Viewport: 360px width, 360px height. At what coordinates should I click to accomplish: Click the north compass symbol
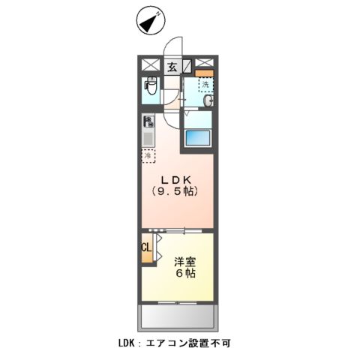tap(151, 22)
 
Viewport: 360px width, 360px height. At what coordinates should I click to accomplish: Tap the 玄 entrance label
tap(172, 67)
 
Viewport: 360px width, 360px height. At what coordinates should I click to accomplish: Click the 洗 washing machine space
tap(205, 85)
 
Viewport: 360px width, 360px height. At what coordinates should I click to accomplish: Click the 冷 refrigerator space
tap(148, 156)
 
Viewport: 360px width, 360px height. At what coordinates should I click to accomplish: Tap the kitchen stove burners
tap(148, 121)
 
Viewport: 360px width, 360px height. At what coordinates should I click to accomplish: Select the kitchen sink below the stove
tap(148, 138)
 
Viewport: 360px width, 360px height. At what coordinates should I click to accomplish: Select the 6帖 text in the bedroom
tap(186, 274)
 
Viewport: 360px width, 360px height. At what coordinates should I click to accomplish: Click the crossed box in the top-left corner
tap(147, 64)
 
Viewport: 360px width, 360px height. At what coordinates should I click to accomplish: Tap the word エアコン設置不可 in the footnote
tap(193, 343)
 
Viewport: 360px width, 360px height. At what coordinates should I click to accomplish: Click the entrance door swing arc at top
tap(174, 46)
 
